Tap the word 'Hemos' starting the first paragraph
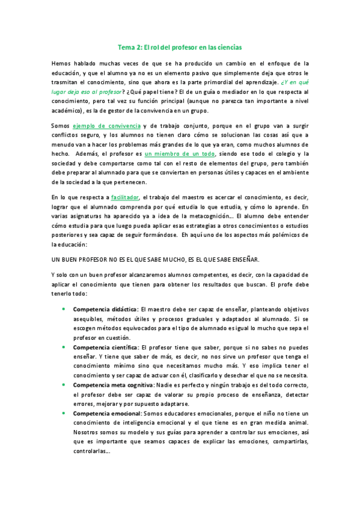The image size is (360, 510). (61, 63)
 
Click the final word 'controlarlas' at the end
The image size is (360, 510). (90, 452)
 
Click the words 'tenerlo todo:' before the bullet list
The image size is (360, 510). (69, 293)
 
